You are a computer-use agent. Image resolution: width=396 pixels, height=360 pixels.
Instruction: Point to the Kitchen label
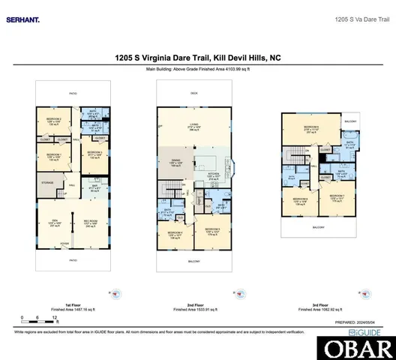pyautogui.click(x=211, y=177)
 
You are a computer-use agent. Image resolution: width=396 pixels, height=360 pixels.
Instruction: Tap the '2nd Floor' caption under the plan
pyautogui.click(x=196, y=304)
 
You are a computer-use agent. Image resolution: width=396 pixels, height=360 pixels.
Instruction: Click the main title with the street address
pyautogui.click(x=197, y=55)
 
